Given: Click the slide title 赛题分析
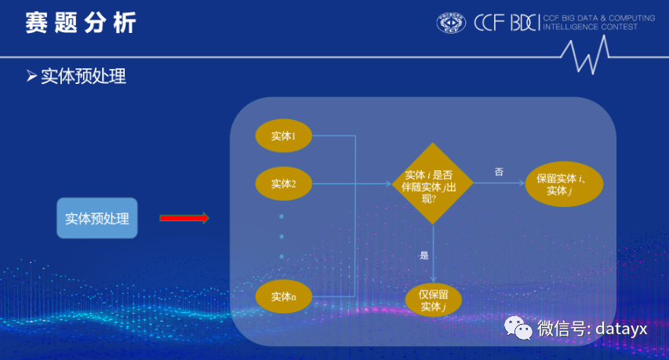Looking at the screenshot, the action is [x=81, y=23].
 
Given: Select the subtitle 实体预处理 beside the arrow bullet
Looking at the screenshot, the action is [x=84, y=76].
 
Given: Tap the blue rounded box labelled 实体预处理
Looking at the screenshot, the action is [x=97, y=218].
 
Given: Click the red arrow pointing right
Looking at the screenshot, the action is [x=184, y=218].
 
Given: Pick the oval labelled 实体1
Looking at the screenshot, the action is [x=284, y=136].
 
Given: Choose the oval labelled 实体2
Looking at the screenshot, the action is [x=284, y=184].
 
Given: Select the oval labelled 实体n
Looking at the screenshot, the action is [x=284, y=296].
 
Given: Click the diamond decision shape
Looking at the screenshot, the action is [x=433, y=184].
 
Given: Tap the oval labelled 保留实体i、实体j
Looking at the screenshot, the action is [x=564, y=184].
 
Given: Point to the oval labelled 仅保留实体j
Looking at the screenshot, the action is [x=434, y=300].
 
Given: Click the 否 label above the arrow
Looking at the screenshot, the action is [x=499, y=172].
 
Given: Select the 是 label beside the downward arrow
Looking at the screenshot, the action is [x=424, y=255].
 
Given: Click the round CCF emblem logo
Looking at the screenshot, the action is [x=451, y=23].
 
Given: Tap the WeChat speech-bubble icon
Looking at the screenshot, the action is [x=518, y=328].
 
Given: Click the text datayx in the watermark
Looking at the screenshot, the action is [x=621, y=329].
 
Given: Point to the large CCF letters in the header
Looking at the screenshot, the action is [x=489, y=23].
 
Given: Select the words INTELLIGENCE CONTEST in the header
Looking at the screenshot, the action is [x=590, y=27].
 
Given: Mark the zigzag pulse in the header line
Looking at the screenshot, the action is [x=585, y=55].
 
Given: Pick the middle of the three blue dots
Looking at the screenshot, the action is [x=282, y=237].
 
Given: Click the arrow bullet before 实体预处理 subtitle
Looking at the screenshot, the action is [x=31, y=76].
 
